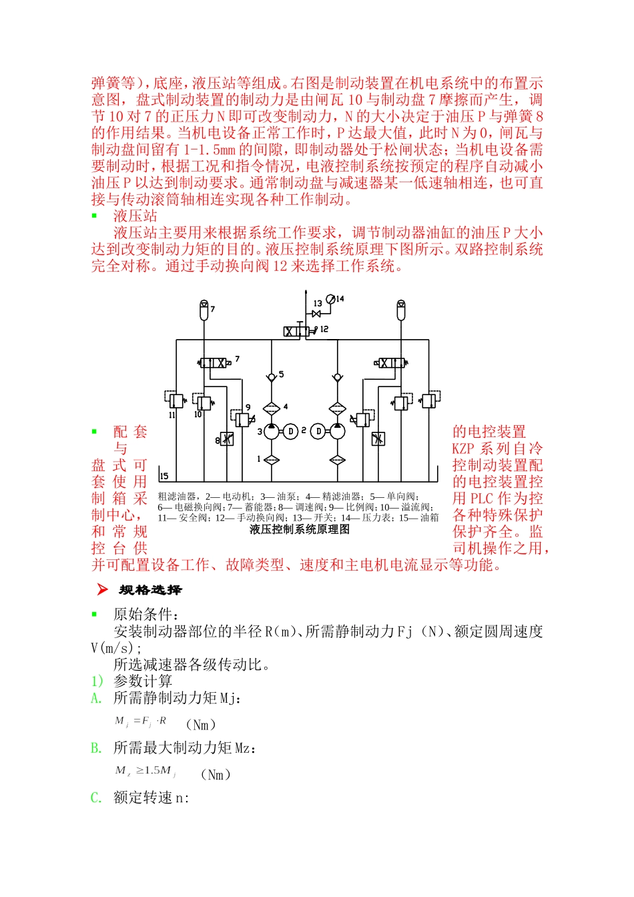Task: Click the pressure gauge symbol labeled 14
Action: click(332, 299)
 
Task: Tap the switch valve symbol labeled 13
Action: click(317, 314)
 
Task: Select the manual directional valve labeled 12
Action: click(298, 331)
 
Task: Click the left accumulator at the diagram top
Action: click(204, 309)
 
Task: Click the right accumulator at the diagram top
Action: click(400, 309)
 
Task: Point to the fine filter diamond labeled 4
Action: click(271, 408)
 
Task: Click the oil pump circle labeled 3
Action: click(271, 431)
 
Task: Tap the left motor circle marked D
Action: click(290, 431)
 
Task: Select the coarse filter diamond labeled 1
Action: click(271, 460)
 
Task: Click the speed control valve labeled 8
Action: click(227, 438)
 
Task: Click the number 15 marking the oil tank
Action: click(164, 476)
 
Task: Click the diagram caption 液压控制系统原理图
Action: click(300, 529)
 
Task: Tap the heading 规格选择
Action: click(150, 590)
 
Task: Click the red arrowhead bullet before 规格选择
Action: click(101, 589)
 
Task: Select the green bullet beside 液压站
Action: click(94, 216)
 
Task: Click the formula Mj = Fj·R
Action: click(141, 721)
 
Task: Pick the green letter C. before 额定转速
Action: click(97, 798)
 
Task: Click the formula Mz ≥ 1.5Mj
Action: click(145, 771)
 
